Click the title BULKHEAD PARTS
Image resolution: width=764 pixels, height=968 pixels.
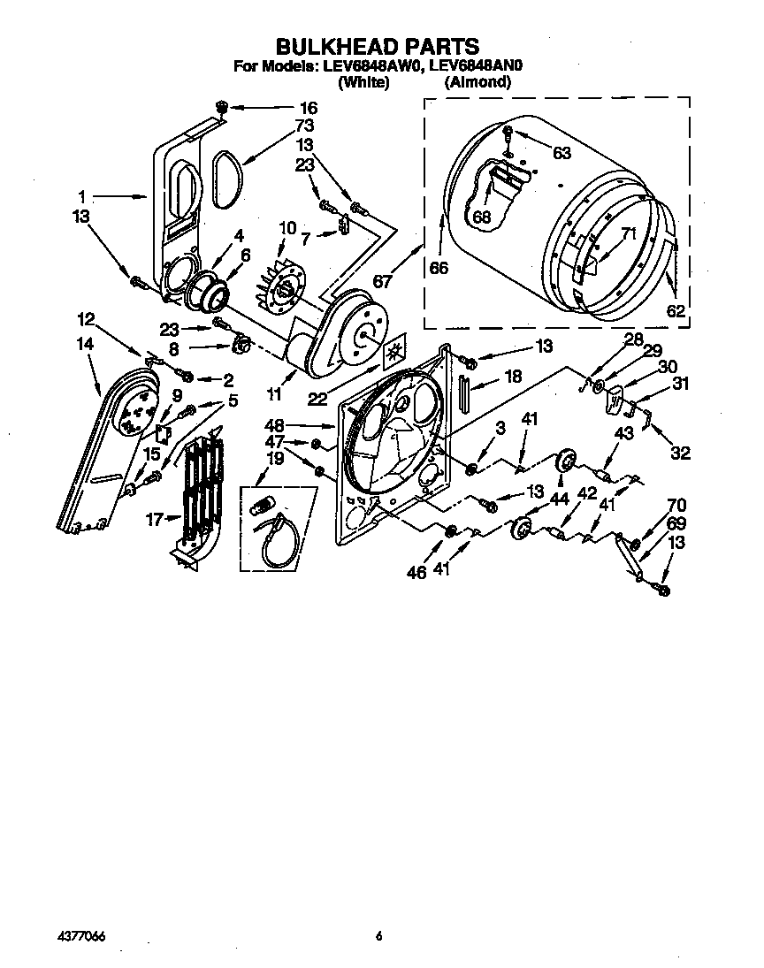378,46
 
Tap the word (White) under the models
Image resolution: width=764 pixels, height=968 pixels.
363,82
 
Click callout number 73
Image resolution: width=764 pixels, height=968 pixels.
305,126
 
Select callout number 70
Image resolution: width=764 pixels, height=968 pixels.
676,507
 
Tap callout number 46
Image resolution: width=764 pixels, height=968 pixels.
416,574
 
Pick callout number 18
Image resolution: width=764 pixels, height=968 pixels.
512,376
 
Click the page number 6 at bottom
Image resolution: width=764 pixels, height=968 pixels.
378,937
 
